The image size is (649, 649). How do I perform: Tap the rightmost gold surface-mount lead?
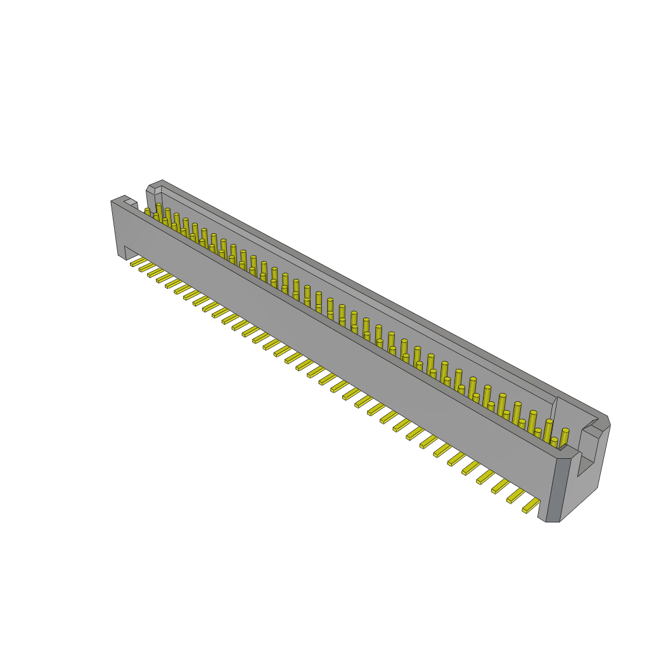pyautogui.click(x=531, y=505)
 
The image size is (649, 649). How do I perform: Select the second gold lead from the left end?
pyautogui.click(x=146, y=267)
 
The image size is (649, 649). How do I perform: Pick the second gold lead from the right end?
pyautogui.click(x=516, y=496)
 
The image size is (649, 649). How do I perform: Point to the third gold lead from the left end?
pyautogui.click(x=155, y=272)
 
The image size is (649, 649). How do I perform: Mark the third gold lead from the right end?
pyautogui.click(x=500, y=486)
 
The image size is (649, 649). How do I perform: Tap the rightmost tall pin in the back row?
pyautogui.click(x=564, y=437)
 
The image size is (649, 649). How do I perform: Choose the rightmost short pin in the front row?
pyautogui.click(x=553, y=442)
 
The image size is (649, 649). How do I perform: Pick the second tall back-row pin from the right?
pyautogui.click(x=548, y=429)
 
